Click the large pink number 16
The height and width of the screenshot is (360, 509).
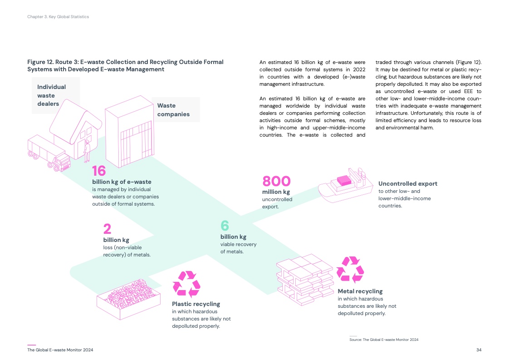[x=99, y=171]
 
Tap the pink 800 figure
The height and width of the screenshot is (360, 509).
[x=276, y=181]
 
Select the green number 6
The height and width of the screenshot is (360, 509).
[x=225, y=226]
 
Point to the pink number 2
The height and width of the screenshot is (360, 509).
[x=107, y=229]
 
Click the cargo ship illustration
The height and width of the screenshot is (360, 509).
[x=344, y=186]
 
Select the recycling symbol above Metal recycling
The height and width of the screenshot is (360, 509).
[x=349, y=269]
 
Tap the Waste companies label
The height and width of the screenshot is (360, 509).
[x=173, y=110]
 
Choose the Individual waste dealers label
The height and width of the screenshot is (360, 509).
[x=51, y=95]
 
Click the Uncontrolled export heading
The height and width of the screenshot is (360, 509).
[x=408, y=184]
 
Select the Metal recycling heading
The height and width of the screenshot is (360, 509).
[x=360, y=291]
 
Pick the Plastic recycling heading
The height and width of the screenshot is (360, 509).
[x=196, y=304]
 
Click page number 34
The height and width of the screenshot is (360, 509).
[x=479, y=350]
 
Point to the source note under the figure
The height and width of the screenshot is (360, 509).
[x=384, y=340]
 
